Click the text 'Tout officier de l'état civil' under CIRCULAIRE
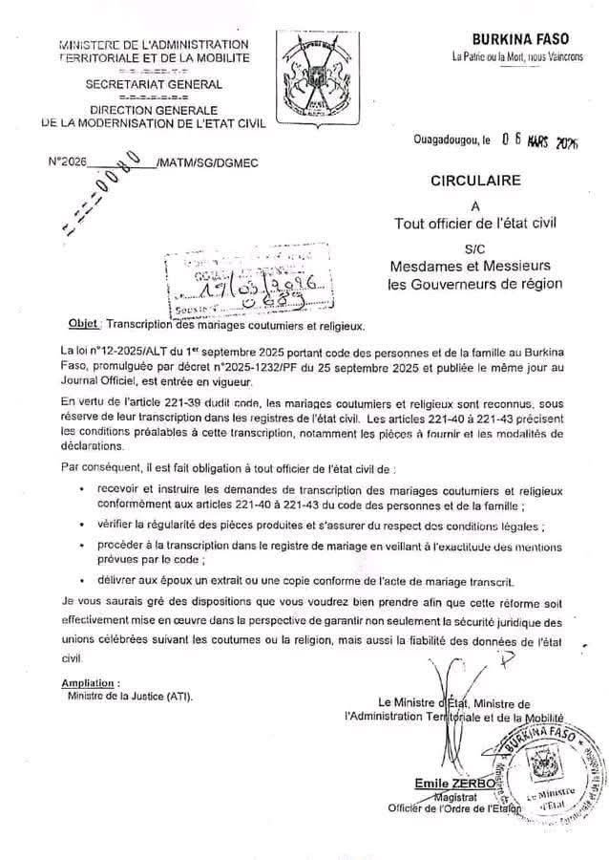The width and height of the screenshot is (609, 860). coord(474,224)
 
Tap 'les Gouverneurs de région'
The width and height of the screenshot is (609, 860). coord(474,283)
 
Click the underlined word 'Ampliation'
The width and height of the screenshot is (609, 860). coord(90,684)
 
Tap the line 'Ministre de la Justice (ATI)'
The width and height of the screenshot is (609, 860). coord(129,698)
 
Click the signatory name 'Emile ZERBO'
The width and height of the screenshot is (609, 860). coord(449,784)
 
